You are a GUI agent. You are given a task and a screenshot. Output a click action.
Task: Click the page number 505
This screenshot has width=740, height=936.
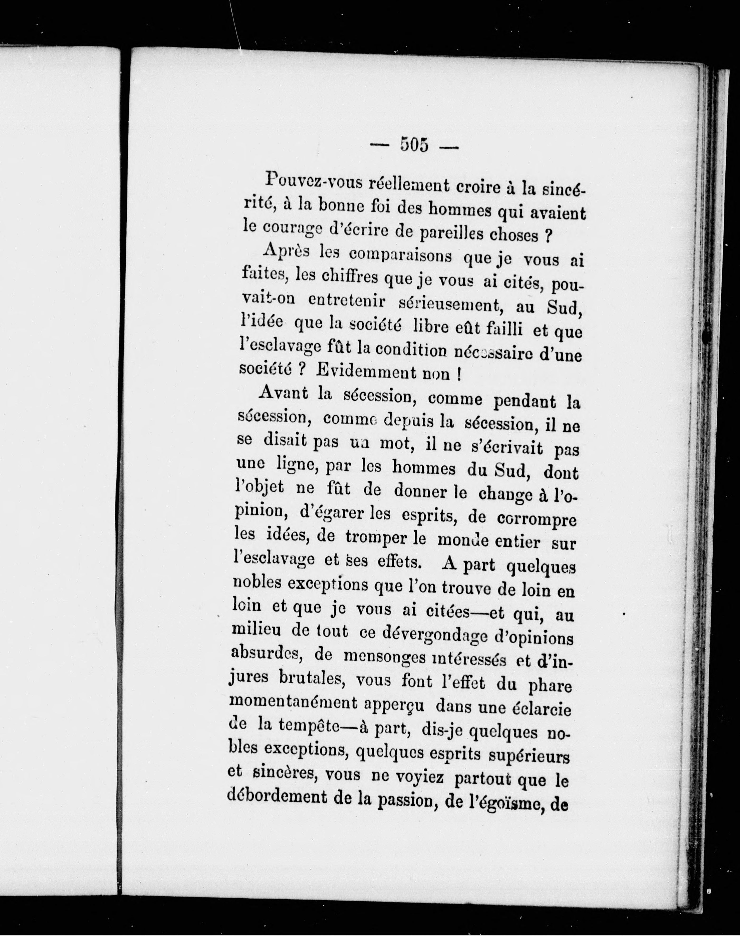[414, 145]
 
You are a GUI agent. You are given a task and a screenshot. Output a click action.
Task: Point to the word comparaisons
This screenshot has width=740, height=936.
[400, 255]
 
